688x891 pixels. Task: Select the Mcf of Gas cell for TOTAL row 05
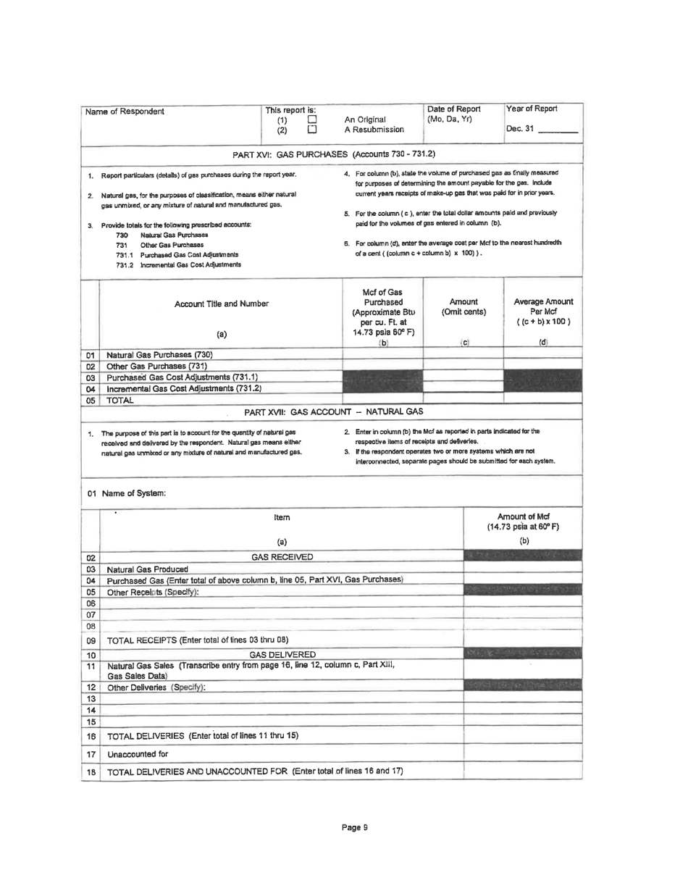(x=382, y=401)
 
